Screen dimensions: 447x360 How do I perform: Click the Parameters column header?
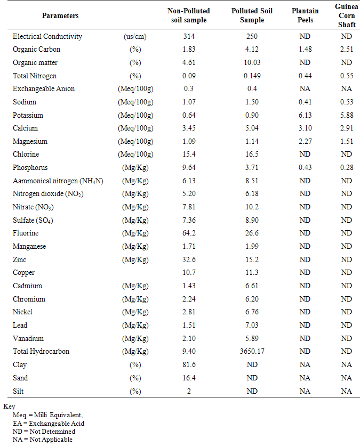60,16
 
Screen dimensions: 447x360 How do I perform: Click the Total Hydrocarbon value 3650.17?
245,352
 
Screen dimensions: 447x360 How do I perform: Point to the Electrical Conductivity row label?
47,36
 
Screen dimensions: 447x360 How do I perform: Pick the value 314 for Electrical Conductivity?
188,36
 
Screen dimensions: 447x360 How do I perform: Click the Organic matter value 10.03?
245,62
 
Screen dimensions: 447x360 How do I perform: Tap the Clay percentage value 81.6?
188,365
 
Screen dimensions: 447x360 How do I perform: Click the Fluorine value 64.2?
188,233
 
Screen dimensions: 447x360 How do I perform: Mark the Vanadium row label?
28,338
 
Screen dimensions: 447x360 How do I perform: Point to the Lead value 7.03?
245,326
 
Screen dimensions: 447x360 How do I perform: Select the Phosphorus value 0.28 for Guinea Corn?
347,168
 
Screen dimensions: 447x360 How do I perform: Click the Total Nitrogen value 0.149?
245,76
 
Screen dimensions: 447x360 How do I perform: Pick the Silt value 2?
188,391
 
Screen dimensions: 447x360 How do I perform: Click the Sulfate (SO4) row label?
35,220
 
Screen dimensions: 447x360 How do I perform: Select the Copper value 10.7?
188,273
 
